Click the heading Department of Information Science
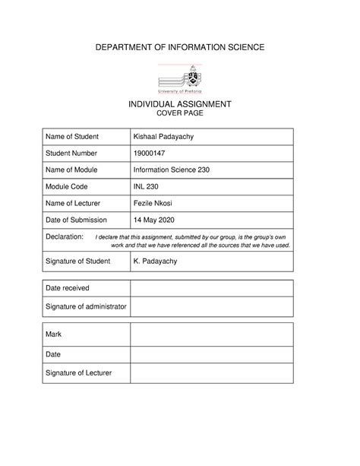click(180, 48)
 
